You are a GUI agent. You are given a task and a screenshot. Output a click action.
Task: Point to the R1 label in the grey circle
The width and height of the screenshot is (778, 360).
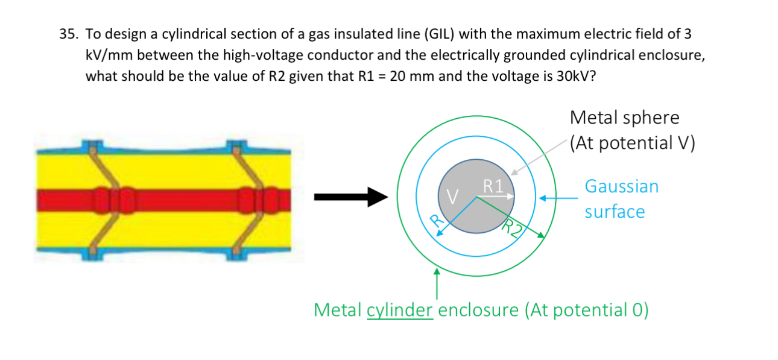(493, 185)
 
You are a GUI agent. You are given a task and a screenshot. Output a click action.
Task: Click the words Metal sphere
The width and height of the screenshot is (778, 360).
(624, 117)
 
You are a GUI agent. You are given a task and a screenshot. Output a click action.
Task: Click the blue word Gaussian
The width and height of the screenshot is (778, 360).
(621, 186)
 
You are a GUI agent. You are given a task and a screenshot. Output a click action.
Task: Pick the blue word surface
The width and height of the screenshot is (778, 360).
(614, 212)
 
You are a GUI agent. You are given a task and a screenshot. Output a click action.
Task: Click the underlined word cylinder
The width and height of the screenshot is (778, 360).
(399, 310)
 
